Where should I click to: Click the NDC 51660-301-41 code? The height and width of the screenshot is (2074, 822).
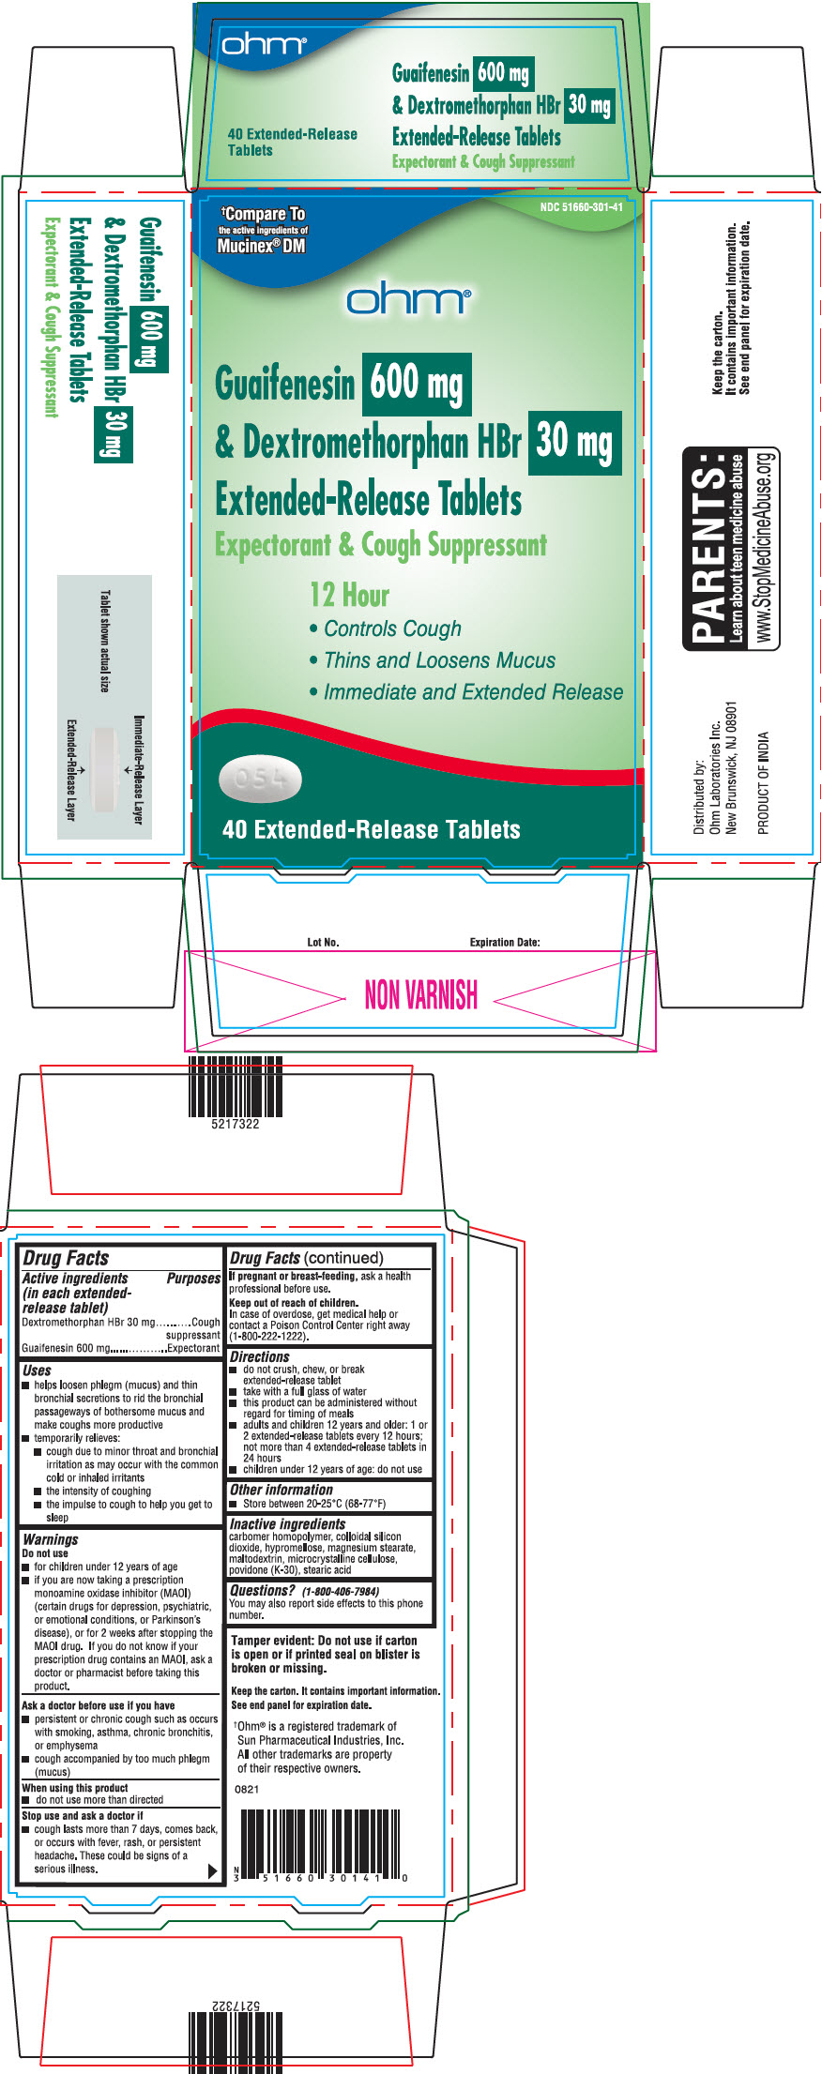[x=581, y=207]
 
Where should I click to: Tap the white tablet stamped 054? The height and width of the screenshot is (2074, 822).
[x=260, y=780]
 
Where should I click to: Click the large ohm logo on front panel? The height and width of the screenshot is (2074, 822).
[x=408, y=300]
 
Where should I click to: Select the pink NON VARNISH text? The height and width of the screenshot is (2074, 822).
[x=420, y=994]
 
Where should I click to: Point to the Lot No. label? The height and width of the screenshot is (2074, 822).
[x=324, y=942]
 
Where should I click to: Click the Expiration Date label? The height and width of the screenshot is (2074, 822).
[x=505, y=942]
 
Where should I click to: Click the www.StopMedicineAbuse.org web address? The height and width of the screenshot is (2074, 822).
[x=766, y=549]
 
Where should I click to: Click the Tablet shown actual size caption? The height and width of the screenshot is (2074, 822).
[x=105, y=642]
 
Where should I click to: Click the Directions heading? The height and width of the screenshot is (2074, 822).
[x=260, y=1356]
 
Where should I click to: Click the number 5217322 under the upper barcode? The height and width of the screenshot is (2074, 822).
[x=236, y=1123]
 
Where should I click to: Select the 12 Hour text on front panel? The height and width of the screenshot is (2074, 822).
[x=349, y=595]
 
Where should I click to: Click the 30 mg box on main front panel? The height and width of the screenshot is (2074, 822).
[x=574, y=441]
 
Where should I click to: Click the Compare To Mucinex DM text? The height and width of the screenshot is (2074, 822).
[x=262, y=229]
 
